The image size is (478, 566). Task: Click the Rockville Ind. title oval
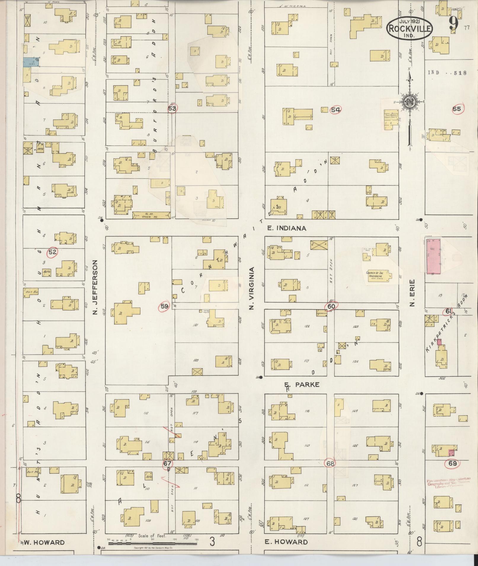409,28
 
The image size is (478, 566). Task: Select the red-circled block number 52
52,252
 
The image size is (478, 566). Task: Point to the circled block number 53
172,108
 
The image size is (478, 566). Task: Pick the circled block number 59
164,307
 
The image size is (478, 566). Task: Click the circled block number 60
331,306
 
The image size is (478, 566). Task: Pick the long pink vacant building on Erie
433,255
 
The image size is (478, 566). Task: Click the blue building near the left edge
31,62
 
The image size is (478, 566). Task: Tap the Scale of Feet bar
153,544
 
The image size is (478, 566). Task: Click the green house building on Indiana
151,215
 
